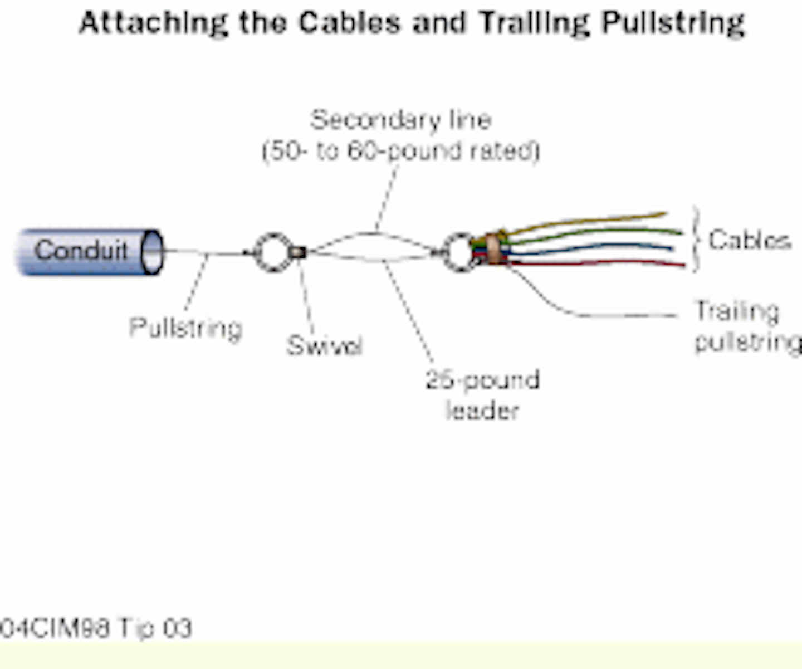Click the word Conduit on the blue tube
[x=81, y=250]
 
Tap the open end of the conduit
[x=152, y=252]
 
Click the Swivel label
[x=324, y=345]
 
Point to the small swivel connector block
[x=298, y=253]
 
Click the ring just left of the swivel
[x=272, y=252]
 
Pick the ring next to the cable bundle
[x=459, y=252]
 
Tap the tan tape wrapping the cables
[x=493, y=249]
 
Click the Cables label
[x=749, y=240]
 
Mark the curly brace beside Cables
[x=696, y=240]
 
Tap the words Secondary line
[x=400, y=120]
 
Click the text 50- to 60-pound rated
[x=401, y=151]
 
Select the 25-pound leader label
[x=482, y=395]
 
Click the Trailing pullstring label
[x=746, y=326]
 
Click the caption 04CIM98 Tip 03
[x=96, y=628]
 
